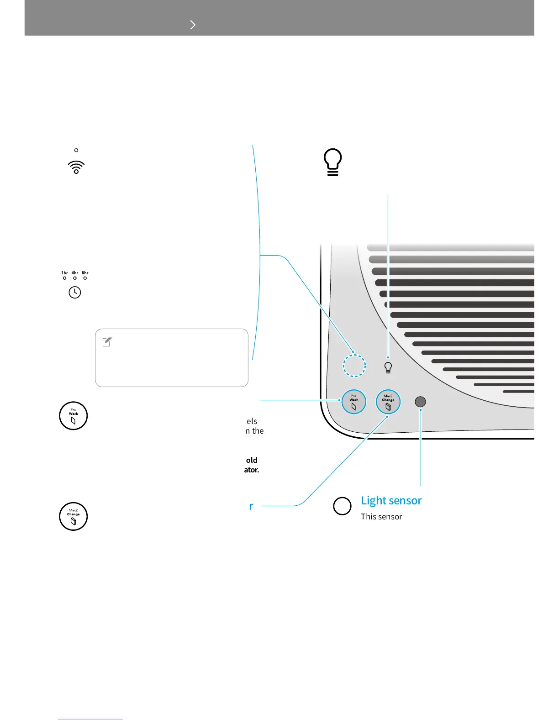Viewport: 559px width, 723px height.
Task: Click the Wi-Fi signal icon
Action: click(76, 168)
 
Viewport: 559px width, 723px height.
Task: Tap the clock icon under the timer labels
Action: click(75, 292)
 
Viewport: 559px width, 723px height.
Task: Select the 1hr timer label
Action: click(64, 273)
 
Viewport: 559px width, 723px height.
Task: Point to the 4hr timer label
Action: click(75, 273)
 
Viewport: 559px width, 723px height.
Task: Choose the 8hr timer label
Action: click(85, 273)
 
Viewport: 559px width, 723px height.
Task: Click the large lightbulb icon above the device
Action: click(333, 162)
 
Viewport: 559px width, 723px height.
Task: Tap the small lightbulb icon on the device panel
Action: click(388, 367)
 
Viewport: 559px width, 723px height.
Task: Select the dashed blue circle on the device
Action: click(354, 366)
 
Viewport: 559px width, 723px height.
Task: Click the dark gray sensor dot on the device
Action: click(420, 402)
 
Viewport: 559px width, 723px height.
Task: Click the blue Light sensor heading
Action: click(391, 501)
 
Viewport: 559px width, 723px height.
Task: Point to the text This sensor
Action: click(381, 517)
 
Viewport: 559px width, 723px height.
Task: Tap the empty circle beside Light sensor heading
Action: click(343, 506)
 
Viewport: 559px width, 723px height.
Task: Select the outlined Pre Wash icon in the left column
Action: click(74, 416)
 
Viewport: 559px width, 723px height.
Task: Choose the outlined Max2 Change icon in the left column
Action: click(74, 517)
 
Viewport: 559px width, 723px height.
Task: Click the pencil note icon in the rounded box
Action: click(107, 342)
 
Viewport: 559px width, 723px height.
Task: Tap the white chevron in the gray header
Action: click(193, 25)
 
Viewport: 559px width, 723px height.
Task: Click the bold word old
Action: click(252, 460)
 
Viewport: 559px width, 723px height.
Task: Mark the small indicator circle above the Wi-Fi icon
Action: click(76, 150)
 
